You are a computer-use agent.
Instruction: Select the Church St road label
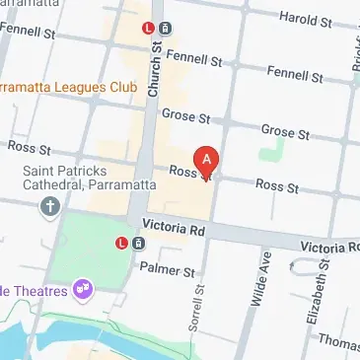[x=155, y=73]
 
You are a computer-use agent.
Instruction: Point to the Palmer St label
[x=163, y=268]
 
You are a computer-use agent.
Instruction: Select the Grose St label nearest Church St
[x=186, y=117]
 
